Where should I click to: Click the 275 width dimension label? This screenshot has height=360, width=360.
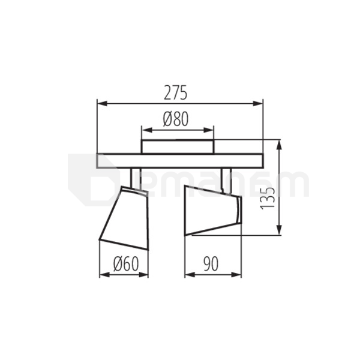tap(176, 93)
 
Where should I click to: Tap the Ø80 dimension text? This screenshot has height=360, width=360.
tap(176, 119)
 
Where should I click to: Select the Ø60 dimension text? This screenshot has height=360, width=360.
tap(126, 264)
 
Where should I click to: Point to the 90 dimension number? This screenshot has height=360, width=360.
tap(211, 264)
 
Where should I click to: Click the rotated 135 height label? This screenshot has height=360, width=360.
tap(268, 198)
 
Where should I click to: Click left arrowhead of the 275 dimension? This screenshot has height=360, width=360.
tap(102, 104)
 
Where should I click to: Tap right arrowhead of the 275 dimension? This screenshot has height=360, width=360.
tap(258, 104)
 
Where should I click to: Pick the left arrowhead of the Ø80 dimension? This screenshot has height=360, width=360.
tap(147, 130)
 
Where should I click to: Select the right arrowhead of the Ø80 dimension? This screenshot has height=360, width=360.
tap(209, 130)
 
